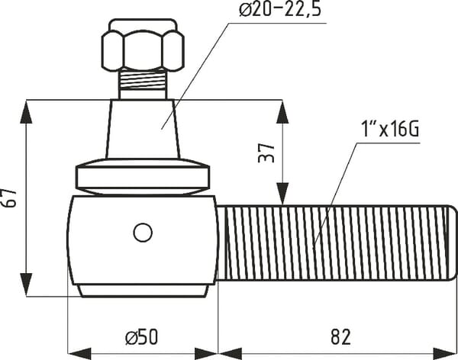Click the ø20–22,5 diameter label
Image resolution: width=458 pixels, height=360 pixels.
pos(280,9)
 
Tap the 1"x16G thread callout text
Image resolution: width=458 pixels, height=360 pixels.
pos(390,129)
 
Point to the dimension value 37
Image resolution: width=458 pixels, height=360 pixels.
pos(266,152)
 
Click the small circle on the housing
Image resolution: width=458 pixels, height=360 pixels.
pos(143,233)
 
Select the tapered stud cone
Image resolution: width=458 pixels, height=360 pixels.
pos(143,129)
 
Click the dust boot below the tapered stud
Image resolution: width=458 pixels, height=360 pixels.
pos(143,177)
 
